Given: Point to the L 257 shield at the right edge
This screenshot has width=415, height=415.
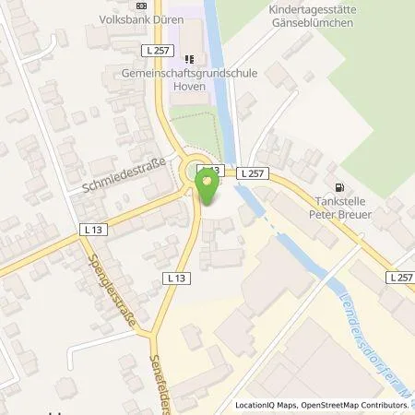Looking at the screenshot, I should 400,276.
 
